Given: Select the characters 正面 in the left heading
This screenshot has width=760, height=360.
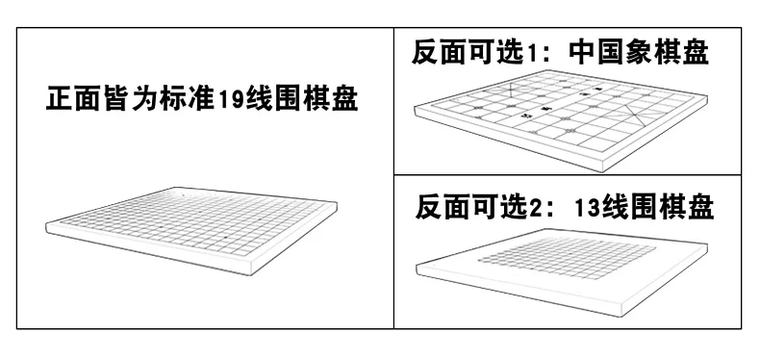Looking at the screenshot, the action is pos(74,98).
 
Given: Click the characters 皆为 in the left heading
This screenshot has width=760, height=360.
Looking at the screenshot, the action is pos(132,98).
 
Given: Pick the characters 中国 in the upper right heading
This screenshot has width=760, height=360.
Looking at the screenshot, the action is pos(596,52).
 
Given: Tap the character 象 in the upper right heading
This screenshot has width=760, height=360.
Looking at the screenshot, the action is pos(639,52).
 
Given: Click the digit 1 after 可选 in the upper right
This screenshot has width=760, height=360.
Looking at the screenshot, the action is pos(532,53).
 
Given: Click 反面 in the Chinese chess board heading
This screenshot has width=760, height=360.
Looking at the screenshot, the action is pos(439,52).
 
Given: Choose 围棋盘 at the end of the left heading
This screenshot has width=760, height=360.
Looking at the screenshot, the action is pos(317,98).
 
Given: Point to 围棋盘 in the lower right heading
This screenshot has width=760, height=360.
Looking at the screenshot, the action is pos(672,207).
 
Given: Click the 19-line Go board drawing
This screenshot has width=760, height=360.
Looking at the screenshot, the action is pos(191,228).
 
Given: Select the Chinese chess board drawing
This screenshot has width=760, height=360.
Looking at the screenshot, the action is pos(560,117).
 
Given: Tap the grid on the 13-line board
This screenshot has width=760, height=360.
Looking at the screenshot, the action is pos(567,257).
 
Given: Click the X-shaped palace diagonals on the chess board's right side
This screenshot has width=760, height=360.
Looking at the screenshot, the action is pos(636,116).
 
